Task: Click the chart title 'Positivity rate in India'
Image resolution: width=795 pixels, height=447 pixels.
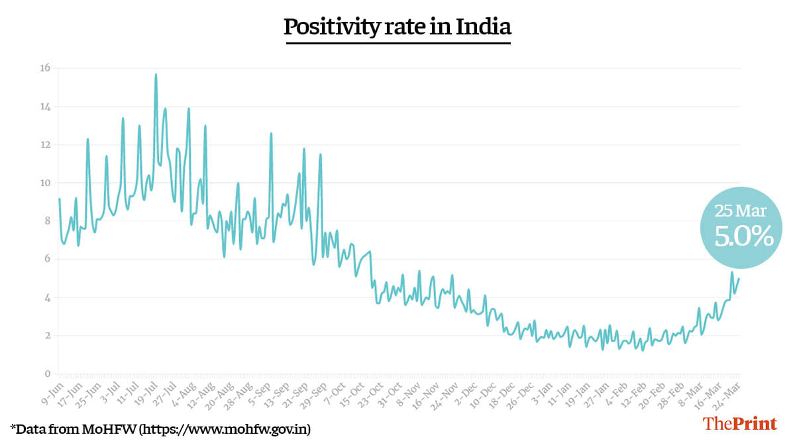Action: (x=397, y=27)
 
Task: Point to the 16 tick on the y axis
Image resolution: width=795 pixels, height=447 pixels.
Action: (x=46, y=68)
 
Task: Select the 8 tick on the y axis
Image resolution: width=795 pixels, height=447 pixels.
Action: (x=46, y=221)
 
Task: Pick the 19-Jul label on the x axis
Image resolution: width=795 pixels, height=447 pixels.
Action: (x=148, y=391)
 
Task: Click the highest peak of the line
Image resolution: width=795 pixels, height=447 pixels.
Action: (x=156, y=74)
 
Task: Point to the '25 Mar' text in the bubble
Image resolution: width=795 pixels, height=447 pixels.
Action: (x=740, y=212)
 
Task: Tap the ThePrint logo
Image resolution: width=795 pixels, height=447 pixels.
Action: (x=740, y=424)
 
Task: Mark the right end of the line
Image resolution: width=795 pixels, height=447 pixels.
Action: (x=739, y=279)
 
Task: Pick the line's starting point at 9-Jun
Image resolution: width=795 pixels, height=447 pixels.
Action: (x=59, y=199)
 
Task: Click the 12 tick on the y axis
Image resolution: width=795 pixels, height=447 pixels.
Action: (x=46, y=145)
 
